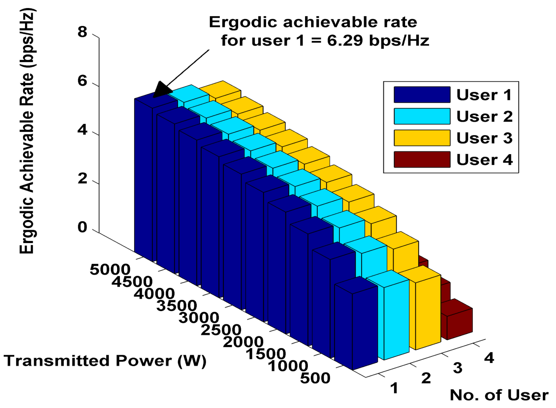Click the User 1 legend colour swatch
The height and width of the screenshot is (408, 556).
[x=422, y=95]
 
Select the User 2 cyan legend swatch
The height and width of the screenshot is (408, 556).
[x=422, y=116]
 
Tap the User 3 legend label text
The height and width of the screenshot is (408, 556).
[x=484, y=138]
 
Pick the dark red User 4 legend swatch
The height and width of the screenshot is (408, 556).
[x=422, y=160]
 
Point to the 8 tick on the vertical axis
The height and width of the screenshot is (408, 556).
[x=82, y=32]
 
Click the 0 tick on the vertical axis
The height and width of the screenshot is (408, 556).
[x=82, y=227]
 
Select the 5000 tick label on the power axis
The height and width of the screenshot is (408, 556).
[x=110, y=270]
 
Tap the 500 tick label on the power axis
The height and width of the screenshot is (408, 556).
[x=315, y=378]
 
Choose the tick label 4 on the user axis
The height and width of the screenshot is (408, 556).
[x=489, y=358]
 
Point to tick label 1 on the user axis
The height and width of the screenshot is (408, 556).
[x=394, y=388]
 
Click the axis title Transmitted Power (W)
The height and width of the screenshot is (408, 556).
[x=105, y=361]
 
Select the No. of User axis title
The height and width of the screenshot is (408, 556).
[x=499, y=395]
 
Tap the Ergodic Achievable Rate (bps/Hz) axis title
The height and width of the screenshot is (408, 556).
[x=27, y=132]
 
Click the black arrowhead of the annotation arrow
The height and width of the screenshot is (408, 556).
[x=162, y=90]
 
